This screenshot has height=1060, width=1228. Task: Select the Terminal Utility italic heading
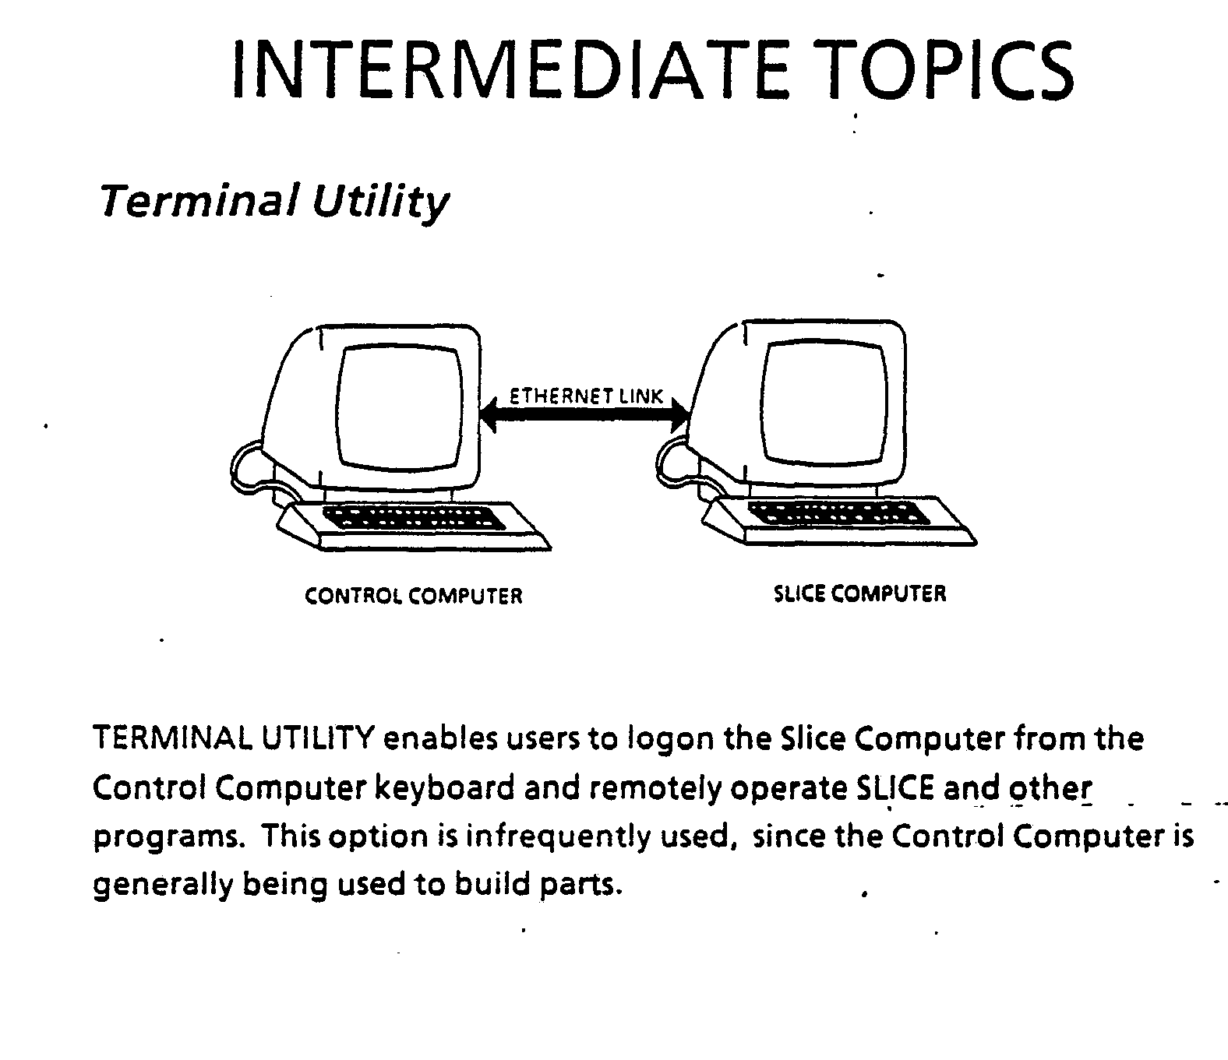273,202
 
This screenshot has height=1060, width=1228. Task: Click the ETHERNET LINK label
586,396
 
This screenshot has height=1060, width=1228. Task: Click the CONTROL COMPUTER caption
414,597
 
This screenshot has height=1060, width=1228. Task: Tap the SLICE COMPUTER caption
859,594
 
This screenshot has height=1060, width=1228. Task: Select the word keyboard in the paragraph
443,788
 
